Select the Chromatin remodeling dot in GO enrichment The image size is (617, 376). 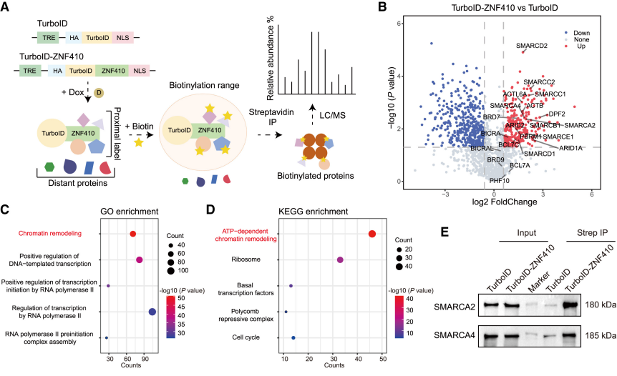(132, 234)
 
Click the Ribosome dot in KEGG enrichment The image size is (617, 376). (340, 259)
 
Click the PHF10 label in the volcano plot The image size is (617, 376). (500, 181)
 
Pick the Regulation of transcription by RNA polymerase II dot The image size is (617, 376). (152, 311)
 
